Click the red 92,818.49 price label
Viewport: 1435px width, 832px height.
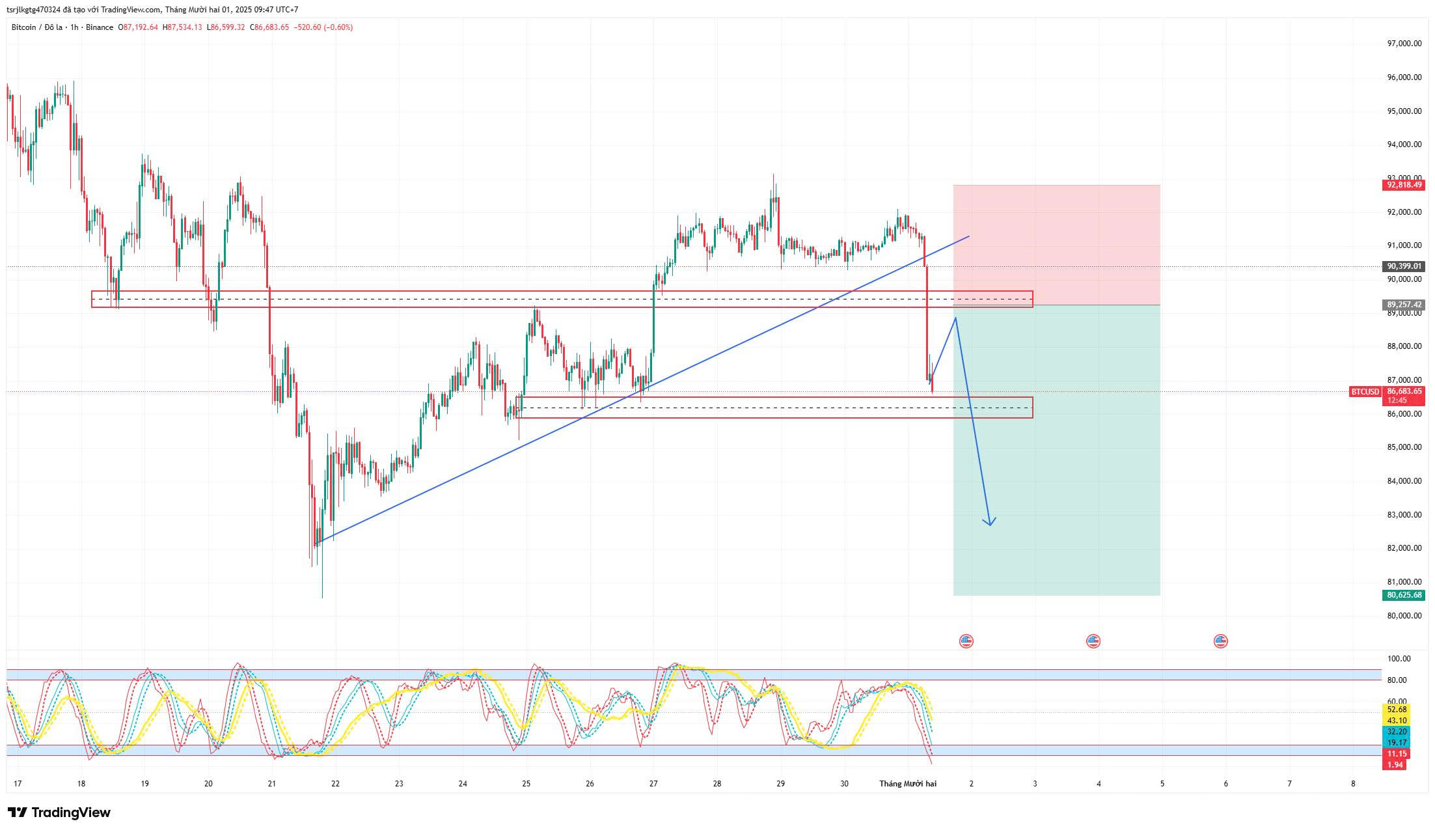1404,185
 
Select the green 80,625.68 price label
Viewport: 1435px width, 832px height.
1404,595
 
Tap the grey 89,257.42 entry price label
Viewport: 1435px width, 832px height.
1404,305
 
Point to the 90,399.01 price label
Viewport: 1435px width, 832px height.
1404,266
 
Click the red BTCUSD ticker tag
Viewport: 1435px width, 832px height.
1365,392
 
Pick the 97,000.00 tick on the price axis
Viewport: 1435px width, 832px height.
1404,44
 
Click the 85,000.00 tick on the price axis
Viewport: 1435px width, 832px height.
1404,447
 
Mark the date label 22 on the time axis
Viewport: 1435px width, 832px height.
335,784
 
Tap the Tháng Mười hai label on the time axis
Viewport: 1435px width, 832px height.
907,784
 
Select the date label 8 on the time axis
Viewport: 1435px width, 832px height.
1353,784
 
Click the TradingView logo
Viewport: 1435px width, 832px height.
59,812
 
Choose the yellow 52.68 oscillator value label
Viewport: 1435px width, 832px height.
1397,710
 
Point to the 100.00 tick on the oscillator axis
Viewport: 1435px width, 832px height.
1399,659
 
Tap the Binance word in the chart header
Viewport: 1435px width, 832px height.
100,27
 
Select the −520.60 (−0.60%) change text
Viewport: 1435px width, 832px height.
323,27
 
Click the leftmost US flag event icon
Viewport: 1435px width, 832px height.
966,641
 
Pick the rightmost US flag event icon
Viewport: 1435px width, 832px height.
1220,641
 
